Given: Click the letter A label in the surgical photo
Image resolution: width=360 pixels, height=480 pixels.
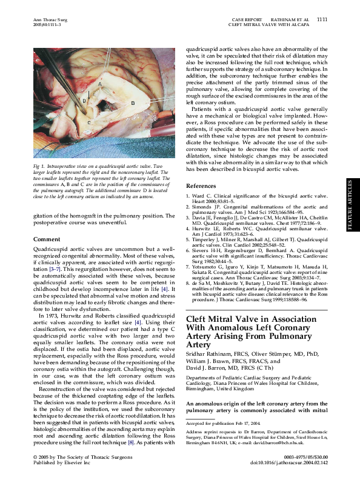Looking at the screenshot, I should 99,82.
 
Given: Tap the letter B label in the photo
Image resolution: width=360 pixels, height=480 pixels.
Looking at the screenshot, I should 132,104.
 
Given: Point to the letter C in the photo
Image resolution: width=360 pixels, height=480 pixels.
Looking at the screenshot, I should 89,122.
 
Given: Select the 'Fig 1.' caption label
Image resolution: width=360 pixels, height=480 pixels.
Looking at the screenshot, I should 39,165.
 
